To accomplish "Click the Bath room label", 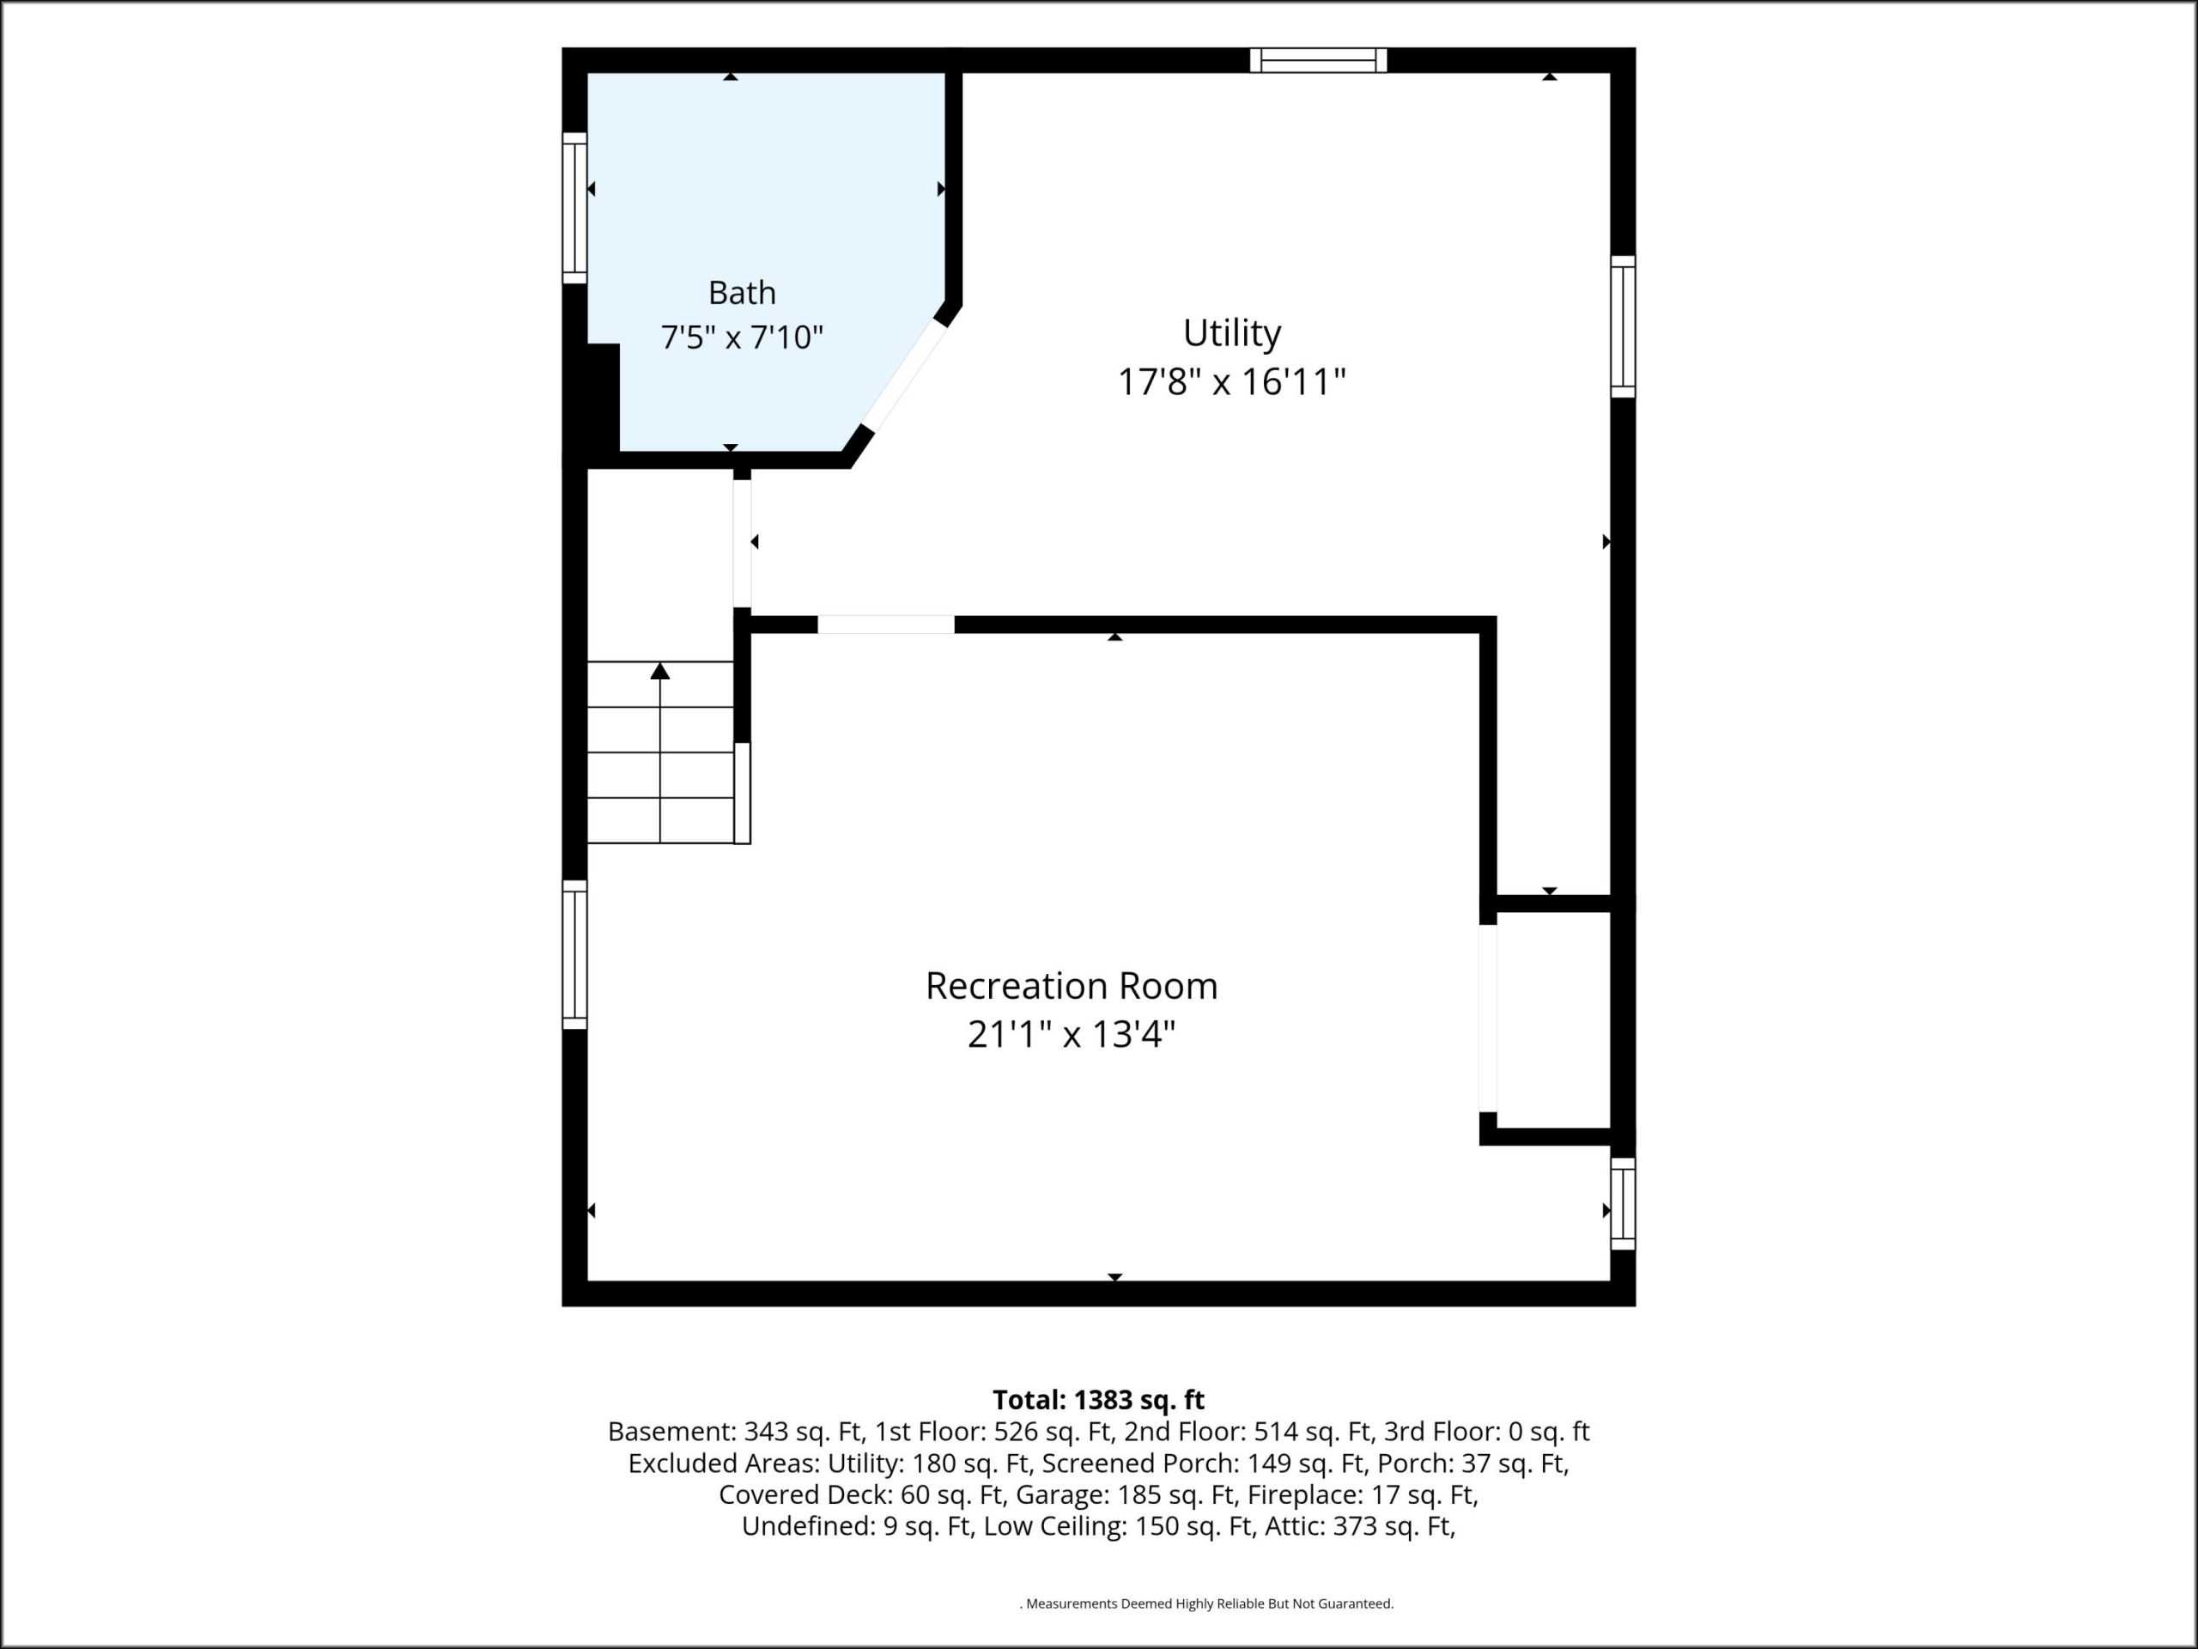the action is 741,293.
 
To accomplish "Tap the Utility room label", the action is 1231,333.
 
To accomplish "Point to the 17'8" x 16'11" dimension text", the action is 1231,381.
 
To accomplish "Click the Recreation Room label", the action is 1072,986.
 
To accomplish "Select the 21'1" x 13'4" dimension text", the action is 1072,1035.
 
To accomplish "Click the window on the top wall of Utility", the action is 1318,61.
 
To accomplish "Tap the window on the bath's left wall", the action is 574,208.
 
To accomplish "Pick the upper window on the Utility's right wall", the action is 1623,327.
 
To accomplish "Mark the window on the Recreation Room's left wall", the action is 574,954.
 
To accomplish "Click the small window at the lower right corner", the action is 1623,1204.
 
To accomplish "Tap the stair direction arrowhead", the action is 659,671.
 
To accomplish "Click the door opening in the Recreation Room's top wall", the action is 885,625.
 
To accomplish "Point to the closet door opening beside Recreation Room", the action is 1488,1018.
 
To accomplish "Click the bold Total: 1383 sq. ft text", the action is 1098,1400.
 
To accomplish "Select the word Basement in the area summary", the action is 671,1432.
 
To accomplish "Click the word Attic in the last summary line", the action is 1294,1527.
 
